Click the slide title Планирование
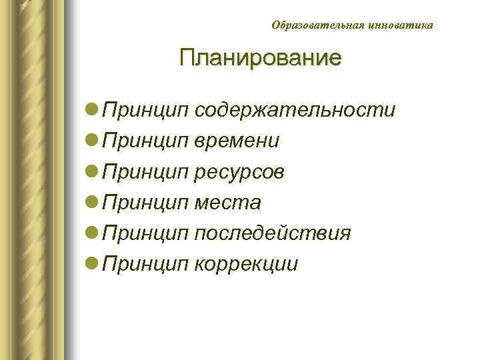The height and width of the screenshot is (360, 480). (x=260, y=57)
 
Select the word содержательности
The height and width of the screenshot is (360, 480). (x=295, y=109)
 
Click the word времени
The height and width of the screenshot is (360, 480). (x=237, y=141)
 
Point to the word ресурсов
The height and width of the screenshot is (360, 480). (x=240, y=172)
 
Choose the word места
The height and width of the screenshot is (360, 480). (x=228, y=203)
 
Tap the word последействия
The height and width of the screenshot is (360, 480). (x=273, y=234)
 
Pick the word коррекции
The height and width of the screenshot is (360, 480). (x=247, y=265)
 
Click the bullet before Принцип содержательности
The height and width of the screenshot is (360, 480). (x=93, y=109)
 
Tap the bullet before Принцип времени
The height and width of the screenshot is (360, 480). (x=93, y=141)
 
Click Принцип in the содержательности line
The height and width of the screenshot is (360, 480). (x=147, y=109)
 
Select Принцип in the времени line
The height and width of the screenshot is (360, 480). (x=147, y=141)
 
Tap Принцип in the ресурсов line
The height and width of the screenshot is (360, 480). (x=147, y=172)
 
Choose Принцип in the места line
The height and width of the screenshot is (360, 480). (x=147, y=203)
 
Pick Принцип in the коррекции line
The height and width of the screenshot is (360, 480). (x=147, y=265)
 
